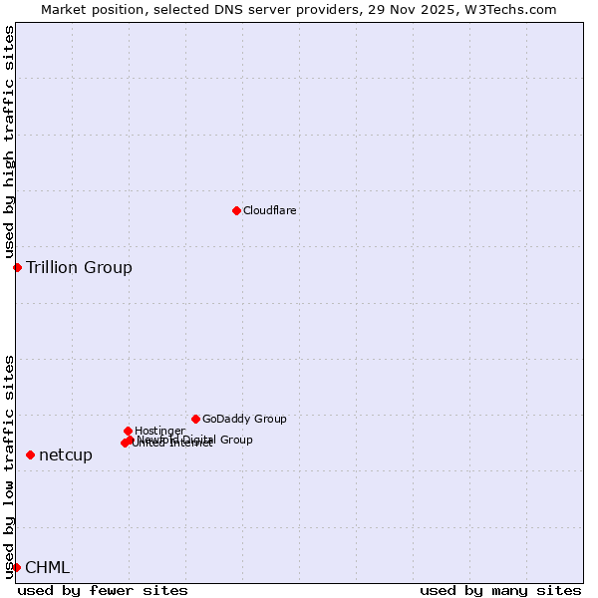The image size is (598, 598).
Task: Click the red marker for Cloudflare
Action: point(236,210)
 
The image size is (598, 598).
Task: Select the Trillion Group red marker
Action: point(17,267)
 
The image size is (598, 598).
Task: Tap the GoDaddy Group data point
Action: point(195,419)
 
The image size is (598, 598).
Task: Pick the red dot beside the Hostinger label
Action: point(128,431)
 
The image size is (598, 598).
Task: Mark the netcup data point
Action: point(30,454)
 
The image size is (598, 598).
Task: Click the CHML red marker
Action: point(16,567)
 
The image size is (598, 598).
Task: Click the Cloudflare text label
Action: point(269,210)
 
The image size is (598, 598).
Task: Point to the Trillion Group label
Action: point(79,267)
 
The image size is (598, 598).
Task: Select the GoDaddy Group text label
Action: point(244,419)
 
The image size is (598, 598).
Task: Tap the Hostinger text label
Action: point(159,431)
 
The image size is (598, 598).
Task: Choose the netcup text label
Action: point(66,454)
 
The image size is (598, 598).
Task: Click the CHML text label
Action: point(47,567)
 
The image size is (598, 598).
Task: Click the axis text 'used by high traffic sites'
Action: point(9,143)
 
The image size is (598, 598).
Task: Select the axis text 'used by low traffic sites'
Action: point(9,465)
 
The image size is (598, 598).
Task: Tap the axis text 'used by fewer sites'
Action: point(103,590)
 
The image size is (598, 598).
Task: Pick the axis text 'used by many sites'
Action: point(500,590)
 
